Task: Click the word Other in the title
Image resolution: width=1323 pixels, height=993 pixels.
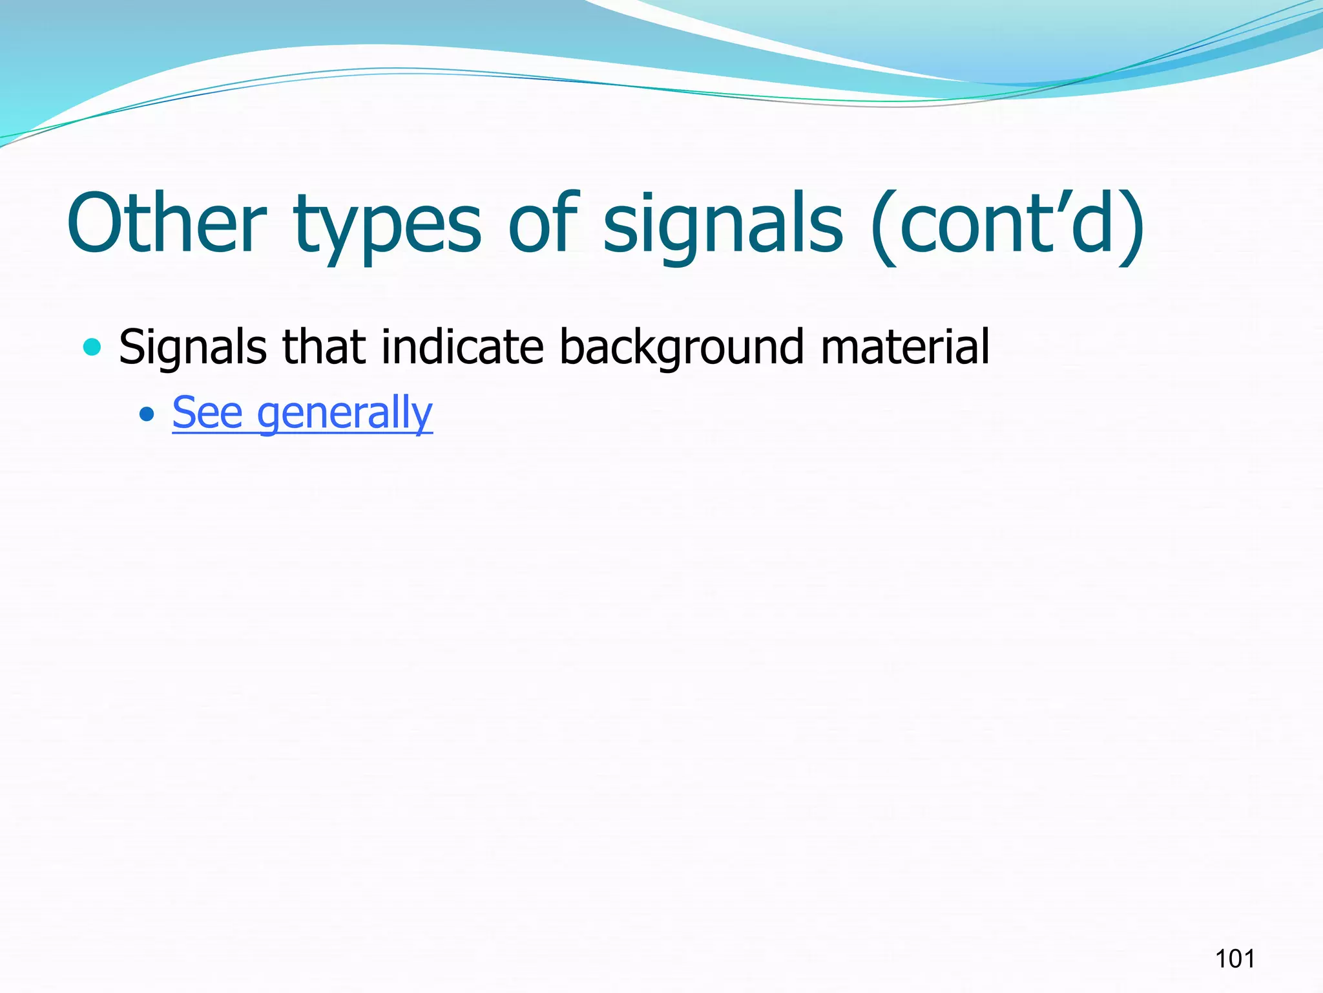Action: [167, 223]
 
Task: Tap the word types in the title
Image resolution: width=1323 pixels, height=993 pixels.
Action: [387, 226]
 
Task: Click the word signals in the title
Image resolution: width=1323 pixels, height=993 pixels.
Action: [723, 226]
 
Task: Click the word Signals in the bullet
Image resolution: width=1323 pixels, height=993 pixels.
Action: [193, 348]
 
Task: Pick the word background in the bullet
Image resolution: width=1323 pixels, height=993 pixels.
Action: [682, 348]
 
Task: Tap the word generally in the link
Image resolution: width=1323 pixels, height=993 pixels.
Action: [345, 414]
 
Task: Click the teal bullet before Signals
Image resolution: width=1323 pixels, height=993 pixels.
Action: [92, 347]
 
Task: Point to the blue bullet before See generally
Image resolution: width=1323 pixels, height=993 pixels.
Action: [147, 413]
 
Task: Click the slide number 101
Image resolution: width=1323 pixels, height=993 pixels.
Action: [1234, 958]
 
